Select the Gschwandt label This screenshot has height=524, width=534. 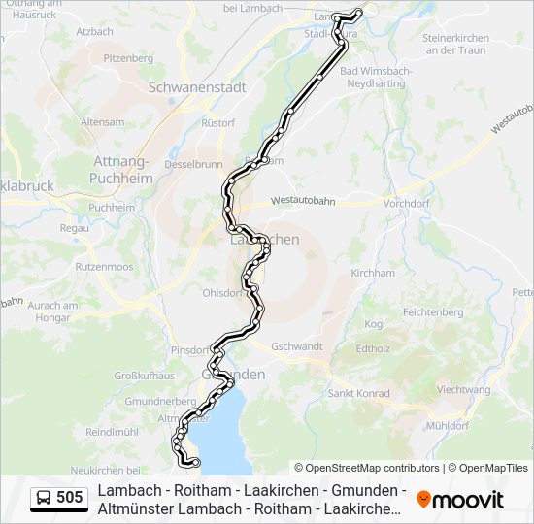(297, 346)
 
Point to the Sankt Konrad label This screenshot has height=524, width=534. (358, 393)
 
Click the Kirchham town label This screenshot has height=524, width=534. (373, 273)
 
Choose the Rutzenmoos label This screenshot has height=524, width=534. (104, 265)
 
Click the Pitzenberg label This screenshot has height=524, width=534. (128, 58)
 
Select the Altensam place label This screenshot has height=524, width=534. (102, 122)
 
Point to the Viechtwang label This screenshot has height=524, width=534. (464, 389)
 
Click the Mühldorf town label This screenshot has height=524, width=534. (448, 425)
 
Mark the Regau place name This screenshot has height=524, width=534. (74, 228)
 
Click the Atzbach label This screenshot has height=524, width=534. (94, 31)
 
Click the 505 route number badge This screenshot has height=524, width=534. (59, 498)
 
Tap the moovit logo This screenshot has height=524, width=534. (460, 500)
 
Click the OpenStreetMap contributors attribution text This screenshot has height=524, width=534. (367, 468)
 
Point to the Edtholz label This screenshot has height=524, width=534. (373, 347)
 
